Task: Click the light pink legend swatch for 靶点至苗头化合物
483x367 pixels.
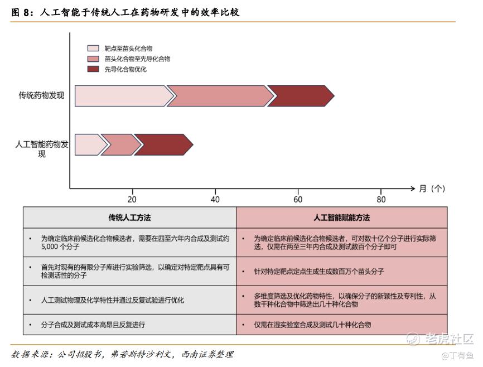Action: point(93,49)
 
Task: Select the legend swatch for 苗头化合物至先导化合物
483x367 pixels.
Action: point(93,59)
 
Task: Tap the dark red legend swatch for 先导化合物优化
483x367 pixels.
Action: point(93,69)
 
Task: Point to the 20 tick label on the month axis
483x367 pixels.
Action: point(132,200)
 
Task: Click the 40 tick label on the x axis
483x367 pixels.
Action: point(215,200)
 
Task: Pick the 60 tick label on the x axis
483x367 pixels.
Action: point(298,200)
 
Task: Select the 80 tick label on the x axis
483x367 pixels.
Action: point(381,200)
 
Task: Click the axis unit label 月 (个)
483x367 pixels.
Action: point(432,189)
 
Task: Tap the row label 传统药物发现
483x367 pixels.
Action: point(41,95)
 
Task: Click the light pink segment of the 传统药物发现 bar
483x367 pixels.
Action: point(123,96)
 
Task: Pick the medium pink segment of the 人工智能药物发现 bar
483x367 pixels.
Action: point(119,144)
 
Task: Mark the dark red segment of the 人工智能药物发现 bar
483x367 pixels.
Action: point(163,144)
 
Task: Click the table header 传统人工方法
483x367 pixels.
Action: point(129,218)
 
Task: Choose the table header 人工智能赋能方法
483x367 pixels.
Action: point(341,218)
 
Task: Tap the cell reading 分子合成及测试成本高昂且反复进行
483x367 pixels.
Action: point(96,324)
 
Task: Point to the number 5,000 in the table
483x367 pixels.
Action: point(51,246)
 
